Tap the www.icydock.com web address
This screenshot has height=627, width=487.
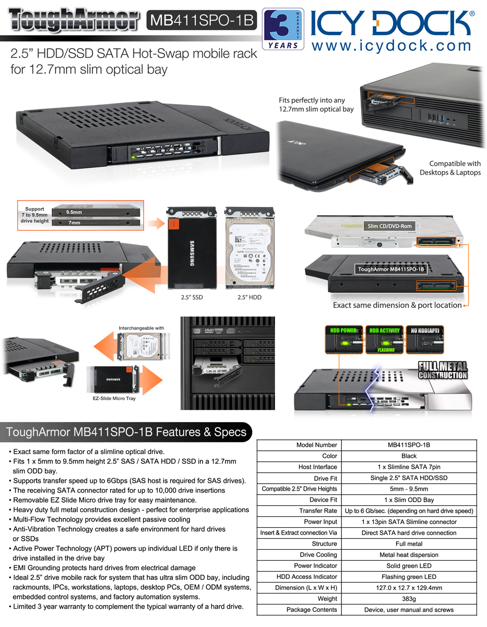pos(391,45)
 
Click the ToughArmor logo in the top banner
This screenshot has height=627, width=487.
pos(74,20)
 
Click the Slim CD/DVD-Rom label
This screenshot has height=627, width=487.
pos(389,226)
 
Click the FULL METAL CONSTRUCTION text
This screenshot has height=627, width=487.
pos(442,370)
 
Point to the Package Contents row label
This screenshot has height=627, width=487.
pos(312,609)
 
